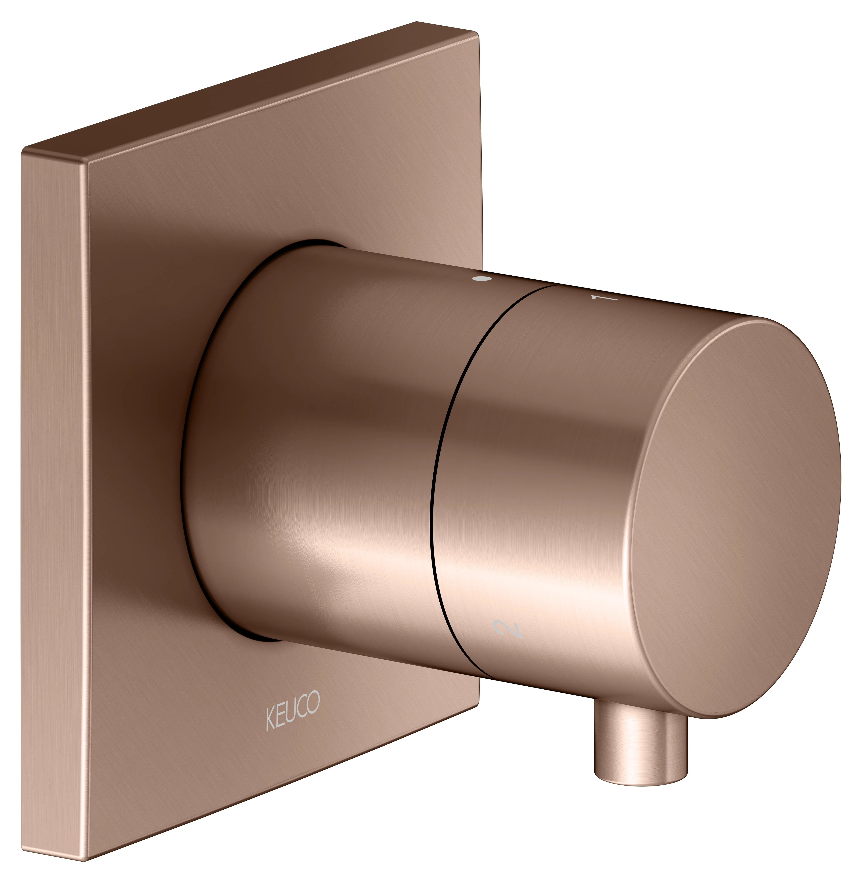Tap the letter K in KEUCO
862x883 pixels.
click(270, 719)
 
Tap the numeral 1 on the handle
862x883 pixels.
click(604, 297)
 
